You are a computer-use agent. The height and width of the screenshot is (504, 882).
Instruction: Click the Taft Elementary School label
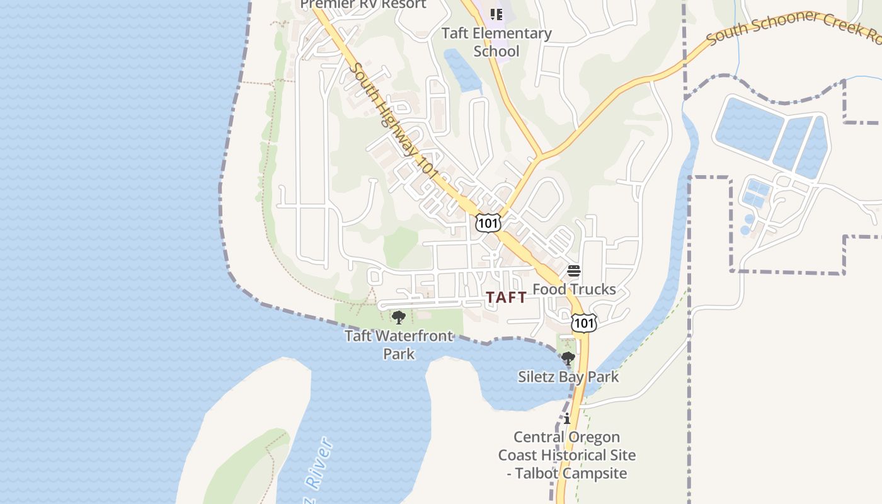pos(496,42)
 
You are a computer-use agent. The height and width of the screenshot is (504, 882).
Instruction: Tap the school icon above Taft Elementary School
pos(496,13)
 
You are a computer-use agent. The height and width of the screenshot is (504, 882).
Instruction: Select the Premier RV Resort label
pos(363,4)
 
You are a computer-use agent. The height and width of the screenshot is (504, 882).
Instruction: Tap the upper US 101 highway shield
pos(488,222)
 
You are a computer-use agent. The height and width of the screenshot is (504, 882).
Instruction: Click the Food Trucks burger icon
pos(574,271)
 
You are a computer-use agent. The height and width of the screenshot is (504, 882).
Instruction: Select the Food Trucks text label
pos(574,289)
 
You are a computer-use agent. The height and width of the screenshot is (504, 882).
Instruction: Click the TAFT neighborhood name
pos(507,297)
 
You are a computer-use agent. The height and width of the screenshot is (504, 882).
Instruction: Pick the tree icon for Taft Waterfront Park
pos(398,317)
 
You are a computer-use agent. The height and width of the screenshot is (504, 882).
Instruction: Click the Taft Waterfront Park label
pos(399,344)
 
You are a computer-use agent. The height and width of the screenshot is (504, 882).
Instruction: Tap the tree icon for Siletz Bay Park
pos(568,359)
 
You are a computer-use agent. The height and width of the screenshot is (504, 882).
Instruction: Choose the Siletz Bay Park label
pos(568,377)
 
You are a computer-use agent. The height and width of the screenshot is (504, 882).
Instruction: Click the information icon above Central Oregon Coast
pos(567,418)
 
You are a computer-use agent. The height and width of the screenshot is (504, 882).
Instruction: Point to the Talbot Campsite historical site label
pos(567,455)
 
